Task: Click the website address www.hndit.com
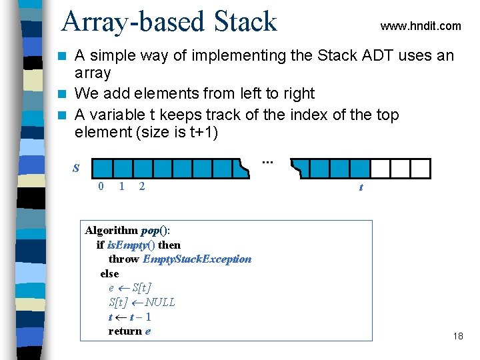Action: [420, 26]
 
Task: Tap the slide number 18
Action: [457, 336]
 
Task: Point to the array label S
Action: [75, 169]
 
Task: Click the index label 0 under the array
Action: [101, 187]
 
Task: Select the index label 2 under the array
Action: [141, 187]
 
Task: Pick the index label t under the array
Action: [361, 187]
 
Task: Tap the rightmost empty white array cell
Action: [421, 168]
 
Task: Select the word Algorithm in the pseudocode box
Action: [112, 231]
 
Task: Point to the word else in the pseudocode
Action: [109, 273]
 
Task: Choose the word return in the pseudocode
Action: [125, 331]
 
